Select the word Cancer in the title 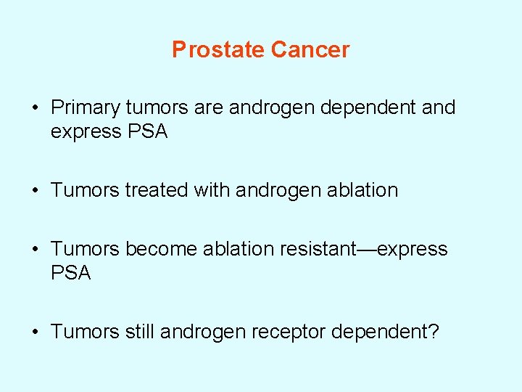[310, 49]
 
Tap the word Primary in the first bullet [85, 108]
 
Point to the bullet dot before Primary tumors [35, 109]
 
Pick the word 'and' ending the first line [438, 108]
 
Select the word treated [157, 191]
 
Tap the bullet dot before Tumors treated [35, 192]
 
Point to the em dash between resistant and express [368, 249]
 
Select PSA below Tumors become [71, 273]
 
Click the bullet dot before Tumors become [35, 250]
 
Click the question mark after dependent [434, 332]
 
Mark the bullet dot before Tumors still [35, 332]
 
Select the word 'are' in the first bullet [210, 108]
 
